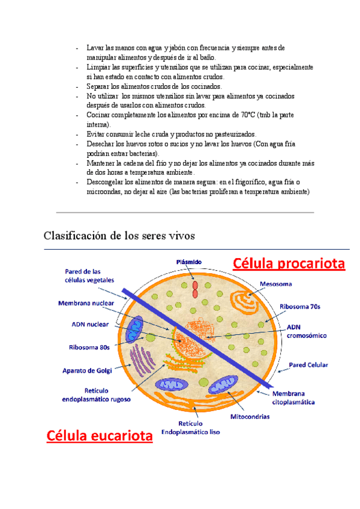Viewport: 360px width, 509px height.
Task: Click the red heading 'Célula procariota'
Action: (x=289, y=264)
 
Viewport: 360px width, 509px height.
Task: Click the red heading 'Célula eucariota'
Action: (x=100, y=436)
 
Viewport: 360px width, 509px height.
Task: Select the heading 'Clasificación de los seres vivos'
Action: (x=119, y=235)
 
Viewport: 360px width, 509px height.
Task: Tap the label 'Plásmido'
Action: (x=189, y=262)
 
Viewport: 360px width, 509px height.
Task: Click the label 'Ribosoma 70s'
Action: (x=300, y=306)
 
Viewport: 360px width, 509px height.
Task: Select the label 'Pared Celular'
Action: (x=309, y=364)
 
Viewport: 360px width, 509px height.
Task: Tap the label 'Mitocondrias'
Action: (x=250, y=416)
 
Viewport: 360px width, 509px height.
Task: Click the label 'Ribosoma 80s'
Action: (x=89, y=346)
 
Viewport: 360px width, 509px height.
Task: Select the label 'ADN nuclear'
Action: (x=90, y=324)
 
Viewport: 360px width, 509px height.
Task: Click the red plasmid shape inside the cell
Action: (x=194, y=289)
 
